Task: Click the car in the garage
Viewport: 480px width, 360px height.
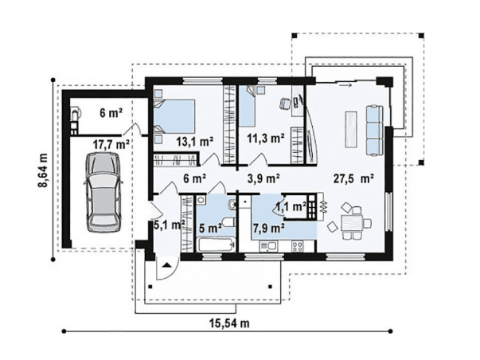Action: coord(103,192)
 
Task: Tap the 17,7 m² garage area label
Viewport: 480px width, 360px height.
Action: coord(111,144)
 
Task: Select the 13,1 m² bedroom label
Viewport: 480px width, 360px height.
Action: coord(195,142)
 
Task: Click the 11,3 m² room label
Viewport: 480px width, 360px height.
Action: coord(265,138)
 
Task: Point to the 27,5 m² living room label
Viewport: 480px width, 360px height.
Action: coord(353,178)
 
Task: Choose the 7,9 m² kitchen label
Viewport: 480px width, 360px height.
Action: coord(269,228)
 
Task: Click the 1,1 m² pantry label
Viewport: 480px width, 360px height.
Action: coord(291,207)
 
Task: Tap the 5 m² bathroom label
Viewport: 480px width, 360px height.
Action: coord(211,229)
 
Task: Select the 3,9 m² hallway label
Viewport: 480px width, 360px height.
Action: coord(263,178)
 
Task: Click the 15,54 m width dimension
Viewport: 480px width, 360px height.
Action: coord(229,323)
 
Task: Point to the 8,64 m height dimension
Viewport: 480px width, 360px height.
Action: coord(44,170)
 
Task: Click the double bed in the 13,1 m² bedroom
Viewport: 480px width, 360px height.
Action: coord(174,115)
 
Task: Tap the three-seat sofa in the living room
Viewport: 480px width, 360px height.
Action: coord(375,131)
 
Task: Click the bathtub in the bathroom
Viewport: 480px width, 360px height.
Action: coord(216,245)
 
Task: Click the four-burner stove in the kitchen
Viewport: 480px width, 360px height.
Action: coord(297,246)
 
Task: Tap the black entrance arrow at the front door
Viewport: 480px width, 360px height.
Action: coord(166,264)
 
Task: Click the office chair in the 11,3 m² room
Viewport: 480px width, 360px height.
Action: coord(285,103)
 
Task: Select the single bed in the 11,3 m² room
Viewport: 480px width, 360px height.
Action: coord(247,106)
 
